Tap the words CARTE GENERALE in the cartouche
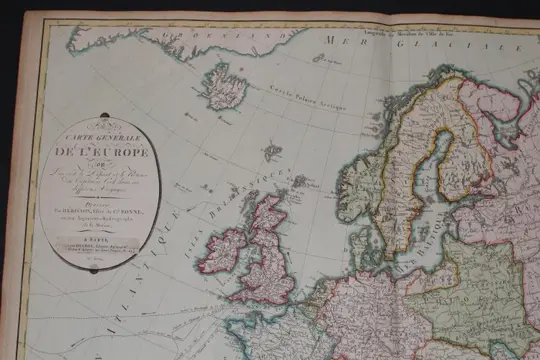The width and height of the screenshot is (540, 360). [101, 139]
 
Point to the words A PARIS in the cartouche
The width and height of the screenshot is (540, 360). [100, 227]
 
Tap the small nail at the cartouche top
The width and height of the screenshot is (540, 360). [101, 122]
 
